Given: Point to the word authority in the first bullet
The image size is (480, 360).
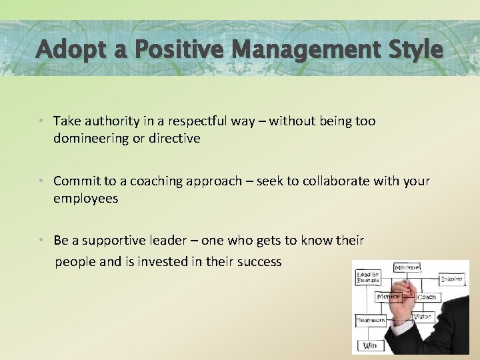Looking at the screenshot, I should click(x=110, y=121).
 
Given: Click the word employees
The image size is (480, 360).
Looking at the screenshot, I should click(x=85, y=199).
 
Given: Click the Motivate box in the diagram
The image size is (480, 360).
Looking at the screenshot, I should click(x=407, y=268).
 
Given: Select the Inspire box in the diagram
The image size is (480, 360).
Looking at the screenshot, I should click(x=452, y=279).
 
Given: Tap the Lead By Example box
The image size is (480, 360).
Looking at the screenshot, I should click(x=367, y=277).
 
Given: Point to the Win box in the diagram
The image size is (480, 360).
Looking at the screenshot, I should click(x=369, y=345).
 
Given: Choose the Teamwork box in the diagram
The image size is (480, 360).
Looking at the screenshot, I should click(x=371, y=321).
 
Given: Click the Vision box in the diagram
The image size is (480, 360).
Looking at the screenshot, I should click(x=423, y=317).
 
